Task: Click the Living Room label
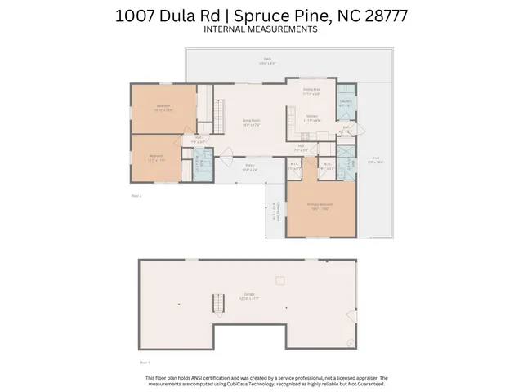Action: (250, 122)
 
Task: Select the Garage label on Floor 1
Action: (249, 296)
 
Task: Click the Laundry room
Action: (346, 103)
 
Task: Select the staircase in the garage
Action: (218, 306)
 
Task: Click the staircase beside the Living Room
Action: (218, 114)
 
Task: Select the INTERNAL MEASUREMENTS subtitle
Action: (261, 29)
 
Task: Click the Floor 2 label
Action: (136, 196)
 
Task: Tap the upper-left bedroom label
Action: (163, 107)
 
